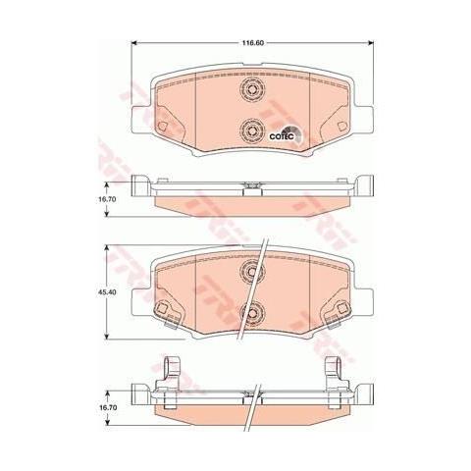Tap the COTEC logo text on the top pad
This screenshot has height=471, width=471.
(282, 137)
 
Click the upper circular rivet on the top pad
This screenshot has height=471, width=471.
(250, 91)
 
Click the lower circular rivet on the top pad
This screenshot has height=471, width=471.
(250, 130)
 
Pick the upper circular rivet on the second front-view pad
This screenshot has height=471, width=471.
(250, 274)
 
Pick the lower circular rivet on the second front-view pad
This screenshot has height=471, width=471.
(250, 312)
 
